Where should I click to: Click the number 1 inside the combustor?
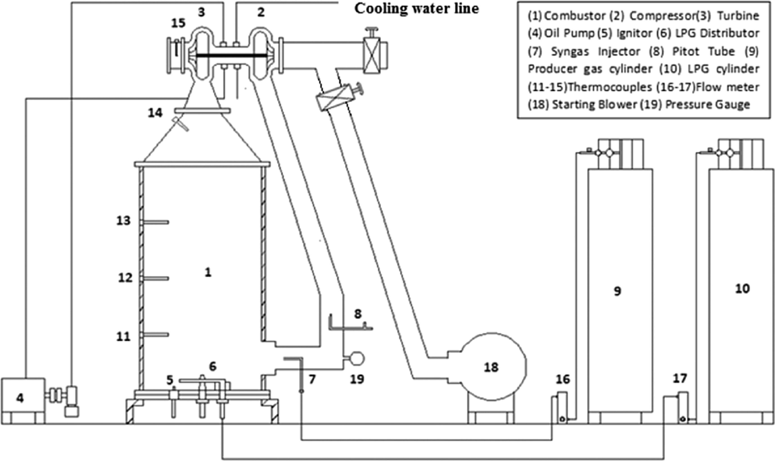(x=208, y=273)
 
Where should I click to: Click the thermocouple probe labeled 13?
(x=155, y=222)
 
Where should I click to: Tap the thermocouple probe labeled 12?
(x=155, y=278)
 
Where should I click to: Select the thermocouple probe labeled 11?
(x=155, y=335)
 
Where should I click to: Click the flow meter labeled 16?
(x=562, y=407)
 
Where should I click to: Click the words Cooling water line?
(x=416, y=8)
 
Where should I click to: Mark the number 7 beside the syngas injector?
(x=312, y=379)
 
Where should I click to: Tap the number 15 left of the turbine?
(x=178, y=23)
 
